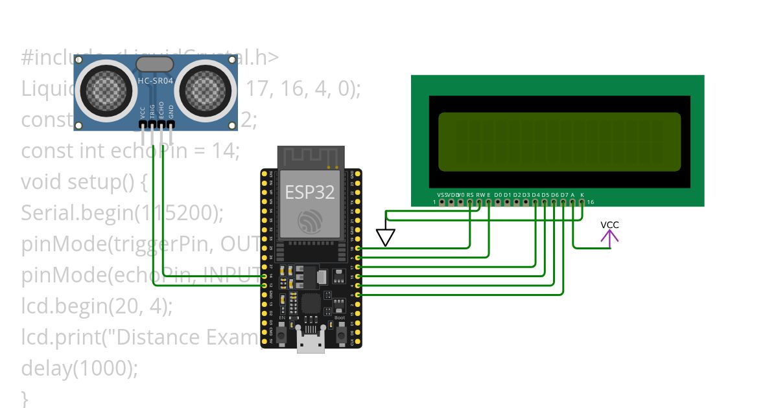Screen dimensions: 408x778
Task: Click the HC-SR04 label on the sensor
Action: (x=155, y=81)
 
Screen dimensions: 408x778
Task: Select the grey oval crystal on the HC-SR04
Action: (x=155, y=63)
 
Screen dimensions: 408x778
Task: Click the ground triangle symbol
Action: (x=386, y=238)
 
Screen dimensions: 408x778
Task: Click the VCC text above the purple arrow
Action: (x=609, y=225)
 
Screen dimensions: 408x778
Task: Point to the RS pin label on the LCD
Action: (x=470, y=194)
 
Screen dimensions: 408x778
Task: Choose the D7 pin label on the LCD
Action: (x=564, y=194)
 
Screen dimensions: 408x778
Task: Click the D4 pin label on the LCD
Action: (x=536, y=194)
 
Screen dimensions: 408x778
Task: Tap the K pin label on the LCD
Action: (x=582, y=194)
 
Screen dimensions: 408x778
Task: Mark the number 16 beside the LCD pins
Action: (x=590, y=202)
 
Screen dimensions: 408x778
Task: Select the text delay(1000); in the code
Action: (x=80, y=368)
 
